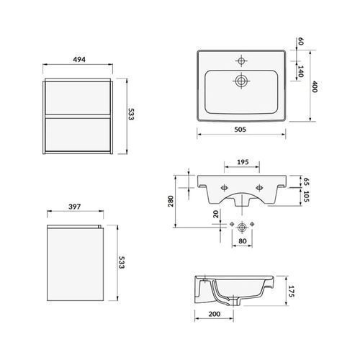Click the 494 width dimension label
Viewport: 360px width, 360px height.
click(79, 59)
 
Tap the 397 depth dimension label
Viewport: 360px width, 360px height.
click(75, 207)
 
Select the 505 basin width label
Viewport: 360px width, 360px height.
click(240, 130)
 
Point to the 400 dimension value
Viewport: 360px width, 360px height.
click(315, 86)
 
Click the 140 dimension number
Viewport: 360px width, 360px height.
click(300, 71)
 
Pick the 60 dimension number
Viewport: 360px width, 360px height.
click(300, 41)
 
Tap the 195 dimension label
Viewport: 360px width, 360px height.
click(243, 162)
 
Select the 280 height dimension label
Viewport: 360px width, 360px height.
click(171, 201)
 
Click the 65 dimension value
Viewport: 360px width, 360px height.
click(307, 181)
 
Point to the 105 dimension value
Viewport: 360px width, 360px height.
click(307, 196)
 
